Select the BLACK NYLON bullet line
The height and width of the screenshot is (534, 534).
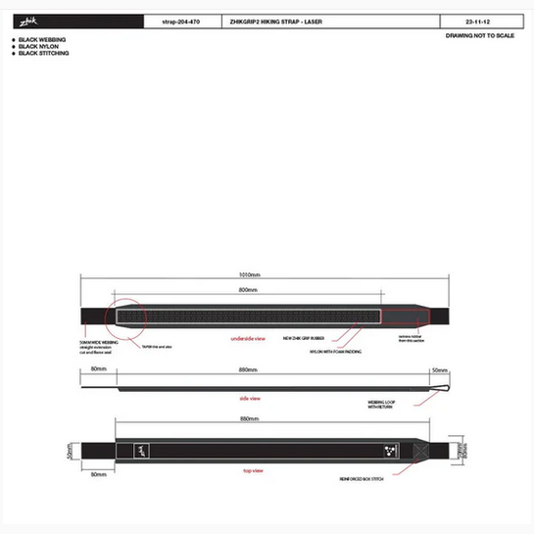tap(38, 46)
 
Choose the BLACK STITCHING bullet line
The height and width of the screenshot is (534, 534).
tap(43, 53)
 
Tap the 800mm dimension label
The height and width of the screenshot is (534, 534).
tap(248, 291)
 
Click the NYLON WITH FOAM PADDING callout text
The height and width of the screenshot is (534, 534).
tap(335, 350)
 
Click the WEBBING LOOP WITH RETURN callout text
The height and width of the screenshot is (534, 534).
tap(382, 405)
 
